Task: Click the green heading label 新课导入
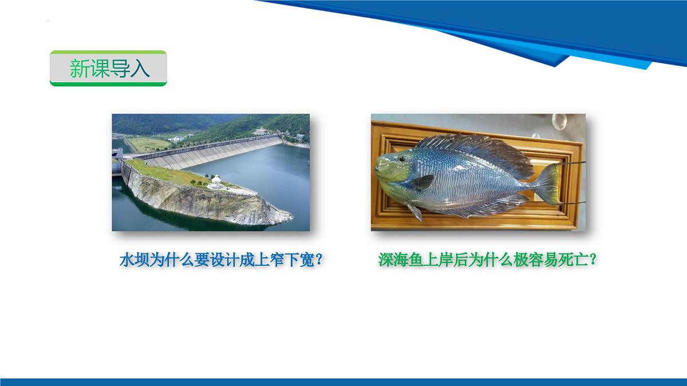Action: pos(109,69)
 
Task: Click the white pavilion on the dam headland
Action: pos(216,182)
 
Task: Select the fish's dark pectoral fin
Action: pos(424,181)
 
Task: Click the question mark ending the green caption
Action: pos(593,260)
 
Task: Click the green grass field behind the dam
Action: pos(146,144)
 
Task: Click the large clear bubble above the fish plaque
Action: pos(559,121)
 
